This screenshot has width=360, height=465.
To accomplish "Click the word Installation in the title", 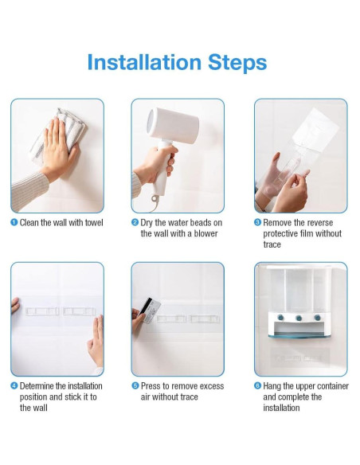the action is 144,62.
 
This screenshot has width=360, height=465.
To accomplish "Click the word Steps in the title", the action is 237,64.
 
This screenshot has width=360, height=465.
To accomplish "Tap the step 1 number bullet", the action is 14,222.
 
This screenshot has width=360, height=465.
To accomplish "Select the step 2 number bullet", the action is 135,222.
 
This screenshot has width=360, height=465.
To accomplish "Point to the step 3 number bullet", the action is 258,222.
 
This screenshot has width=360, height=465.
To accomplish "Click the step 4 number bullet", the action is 14,386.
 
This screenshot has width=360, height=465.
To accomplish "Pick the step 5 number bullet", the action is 135,386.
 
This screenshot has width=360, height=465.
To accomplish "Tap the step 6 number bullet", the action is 258,386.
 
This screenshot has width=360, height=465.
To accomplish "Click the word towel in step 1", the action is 94,223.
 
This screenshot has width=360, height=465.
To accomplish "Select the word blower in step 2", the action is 205,233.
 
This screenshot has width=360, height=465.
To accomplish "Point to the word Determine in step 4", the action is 37,386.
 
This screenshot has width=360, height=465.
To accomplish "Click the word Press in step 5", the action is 151,386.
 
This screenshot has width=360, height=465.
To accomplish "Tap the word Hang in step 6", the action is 272,386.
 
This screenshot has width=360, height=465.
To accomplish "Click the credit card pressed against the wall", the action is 150,311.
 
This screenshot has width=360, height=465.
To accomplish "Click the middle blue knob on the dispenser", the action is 299,318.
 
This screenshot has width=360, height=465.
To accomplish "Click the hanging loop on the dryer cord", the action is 155,199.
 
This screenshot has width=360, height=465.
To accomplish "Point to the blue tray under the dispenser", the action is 300,336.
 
